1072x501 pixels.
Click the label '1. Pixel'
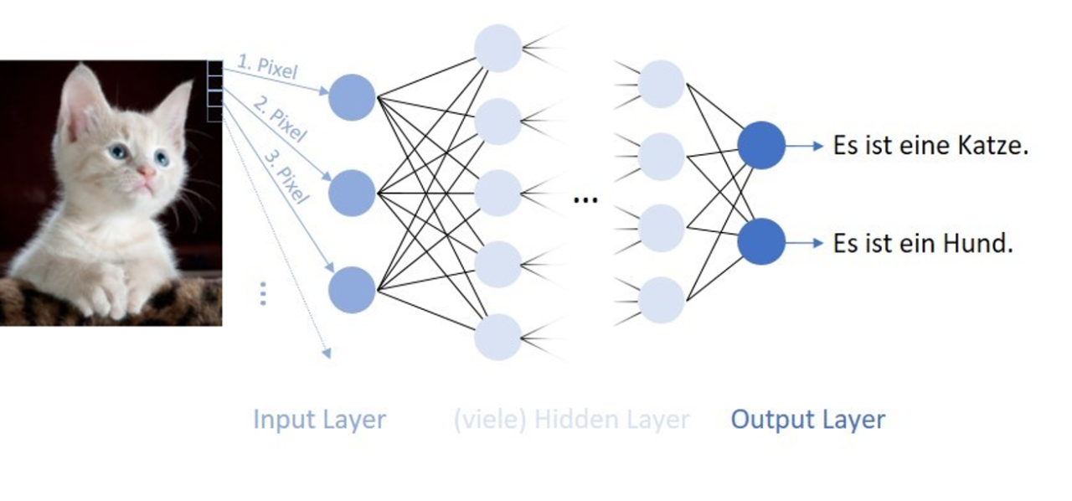pos(267,68)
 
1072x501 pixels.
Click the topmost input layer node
pos(352,97)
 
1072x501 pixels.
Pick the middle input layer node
pos(352,193)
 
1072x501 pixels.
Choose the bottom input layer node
pos(352,290)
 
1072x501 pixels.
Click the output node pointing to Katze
pos(761,145)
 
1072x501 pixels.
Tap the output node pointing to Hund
pos(761,241)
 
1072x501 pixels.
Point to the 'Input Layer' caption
pos(319,419)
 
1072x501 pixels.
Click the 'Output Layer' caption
pos(807,419)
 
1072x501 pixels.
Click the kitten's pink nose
pos(146,173)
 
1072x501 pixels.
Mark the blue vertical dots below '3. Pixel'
pos(263,293)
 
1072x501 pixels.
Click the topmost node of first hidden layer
pos(498,49)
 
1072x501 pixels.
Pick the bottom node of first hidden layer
pos(498,337)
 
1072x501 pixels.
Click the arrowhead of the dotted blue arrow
pos(327,354)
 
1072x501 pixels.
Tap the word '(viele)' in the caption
pos(490,419)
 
